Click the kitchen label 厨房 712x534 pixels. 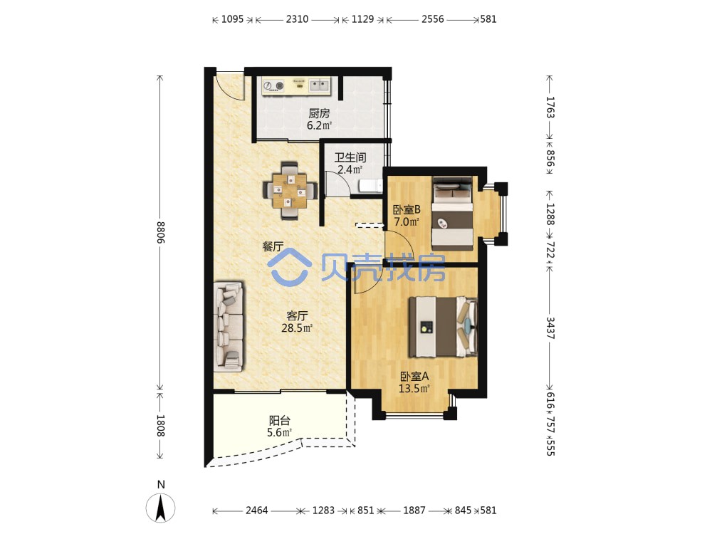pyautogui.click(x=319, y=112)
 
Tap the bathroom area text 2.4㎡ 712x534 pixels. pyautogui.click(x=350, y=170)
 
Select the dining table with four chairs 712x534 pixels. pyautogui.click(x=290, y=191)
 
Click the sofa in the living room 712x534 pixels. pyautogui.click(x=229, y=325)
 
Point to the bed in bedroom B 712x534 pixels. pyautogui.click(x=453, y=213)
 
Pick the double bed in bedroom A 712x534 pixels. pyautogui.click(x=443, y=327)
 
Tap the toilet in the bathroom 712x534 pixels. pyautogui.click(x=371, y=186)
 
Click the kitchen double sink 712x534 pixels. pyautogui.click(x=320, y=85)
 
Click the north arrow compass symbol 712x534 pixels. pyautogui.click(x=160, y=507)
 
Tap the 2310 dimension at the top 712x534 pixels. pyautogui.click(x=297, y=19)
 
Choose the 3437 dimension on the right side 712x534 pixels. pyautogui.click(x=550, y=328)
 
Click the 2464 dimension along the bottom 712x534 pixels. pyautogui.click(x=256, y=511)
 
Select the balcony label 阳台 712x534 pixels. pyautogui.click(x=279, y=421)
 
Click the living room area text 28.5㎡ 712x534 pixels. pyautogui.click(x=297, y=328)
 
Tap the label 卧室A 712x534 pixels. pyautogui.click(x=414, y=377)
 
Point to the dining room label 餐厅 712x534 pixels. pyautogui.click(x=273, y=246)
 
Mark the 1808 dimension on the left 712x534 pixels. pyautogui.click(x=160, y=426)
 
